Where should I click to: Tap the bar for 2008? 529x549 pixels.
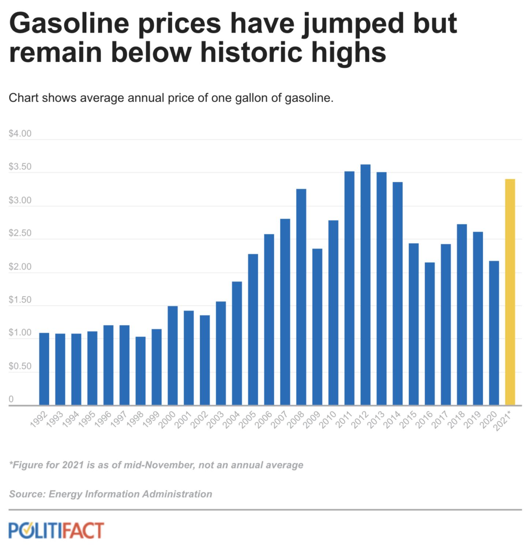coord(301,297)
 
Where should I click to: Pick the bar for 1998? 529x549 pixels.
coord(140,371)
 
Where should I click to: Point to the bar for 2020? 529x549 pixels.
coord(494,333)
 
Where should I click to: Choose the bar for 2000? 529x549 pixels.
coord(173,355)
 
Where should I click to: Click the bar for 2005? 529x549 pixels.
coord(253,329)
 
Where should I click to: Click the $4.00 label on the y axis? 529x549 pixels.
coord(20,134)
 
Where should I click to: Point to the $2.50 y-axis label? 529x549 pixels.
coord(20,233)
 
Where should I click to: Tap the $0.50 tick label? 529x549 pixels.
coord(20,366)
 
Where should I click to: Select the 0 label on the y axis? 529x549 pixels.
coord(11,399)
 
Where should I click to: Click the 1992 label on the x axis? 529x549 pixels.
coord(39,419)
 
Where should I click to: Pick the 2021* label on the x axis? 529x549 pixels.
coord(503,421)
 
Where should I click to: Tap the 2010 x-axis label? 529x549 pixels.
coord(328,419)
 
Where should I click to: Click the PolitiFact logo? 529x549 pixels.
coord(56,530)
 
